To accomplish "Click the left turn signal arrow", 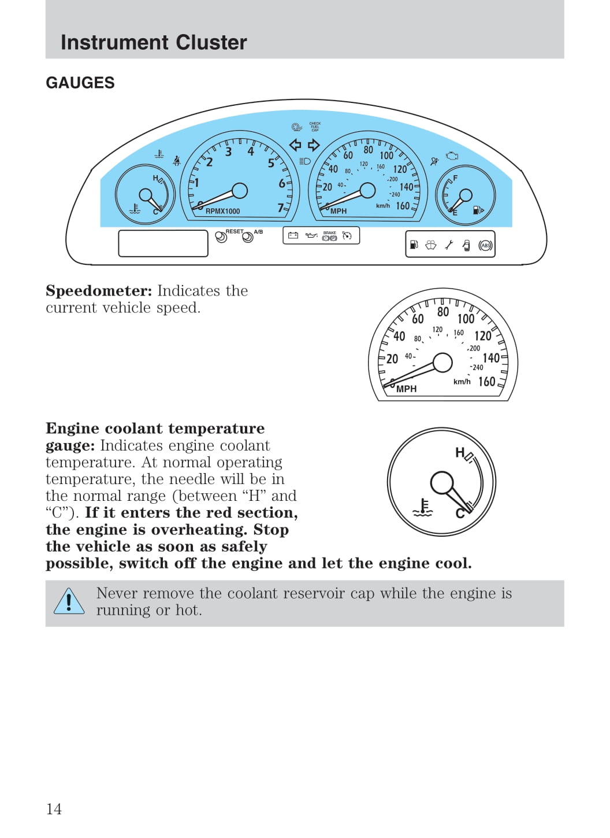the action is (296, 145).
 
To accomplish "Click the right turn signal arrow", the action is (314, 145).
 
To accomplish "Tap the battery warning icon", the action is (293, 235).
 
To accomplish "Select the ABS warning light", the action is (485, 245).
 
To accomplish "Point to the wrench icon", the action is (449, 245).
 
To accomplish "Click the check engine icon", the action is (452, 156).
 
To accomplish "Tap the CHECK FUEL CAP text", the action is (315, 127).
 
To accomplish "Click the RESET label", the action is (235, 231).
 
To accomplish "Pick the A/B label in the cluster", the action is (258, 232).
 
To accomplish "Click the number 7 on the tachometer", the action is (281, 208).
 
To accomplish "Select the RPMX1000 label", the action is (223, 211).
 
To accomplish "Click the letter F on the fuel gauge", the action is (455, 178).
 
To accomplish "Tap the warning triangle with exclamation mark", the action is (69, 601).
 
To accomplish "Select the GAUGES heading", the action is (80, 83).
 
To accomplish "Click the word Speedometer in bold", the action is (99, 291).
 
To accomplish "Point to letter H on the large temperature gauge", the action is (460, 453).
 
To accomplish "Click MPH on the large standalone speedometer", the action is (406, 389).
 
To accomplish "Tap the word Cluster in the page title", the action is (211, 42).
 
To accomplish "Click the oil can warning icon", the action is (311, 235).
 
